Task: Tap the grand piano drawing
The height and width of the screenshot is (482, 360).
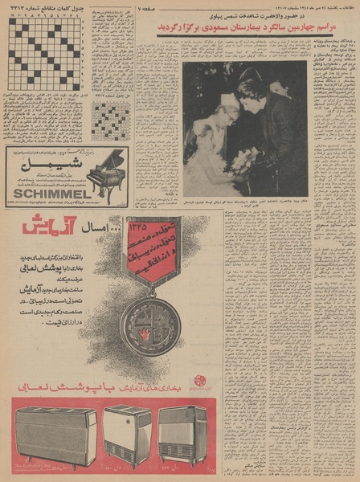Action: tap(106, 172)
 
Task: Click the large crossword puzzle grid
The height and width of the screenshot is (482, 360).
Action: tap(45, 53)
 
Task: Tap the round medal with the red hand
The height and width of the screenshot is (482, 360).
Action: tap(149, 325)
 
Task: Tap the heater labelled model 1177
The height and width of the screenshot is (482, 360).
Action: tap(182, 435)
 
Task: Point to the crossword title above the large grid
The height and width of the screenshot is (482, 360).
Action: tap(45, 10)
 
